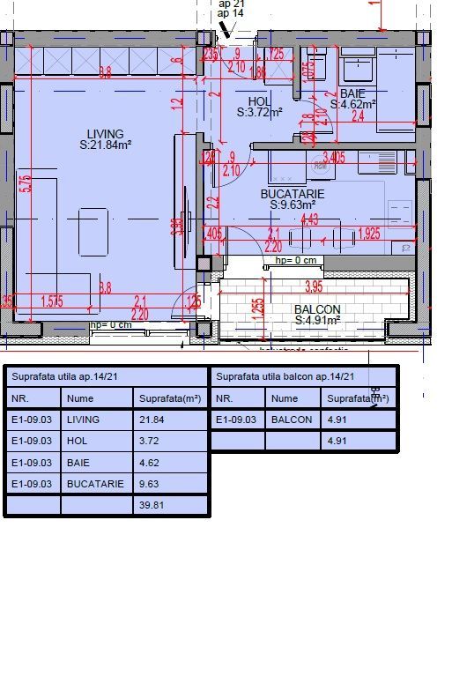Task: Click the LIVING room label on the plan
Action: point(105,134)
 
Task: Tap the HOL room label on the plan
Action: point(260,101)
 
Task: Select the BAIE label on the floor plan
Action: point(352,93)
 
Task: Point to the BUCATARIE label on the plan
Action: point(293,193)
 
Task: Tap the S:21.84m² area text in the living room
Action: point(105,145)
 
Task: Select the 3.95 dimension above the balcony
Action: point(313,286)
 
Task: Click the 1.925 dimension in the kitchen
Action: point(369,234)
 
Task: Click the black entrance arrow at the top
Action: point(227,30)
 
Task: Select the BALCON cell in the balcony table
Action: point(292,420)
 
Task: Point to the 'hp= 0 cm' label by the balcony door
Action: point(296,260)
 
